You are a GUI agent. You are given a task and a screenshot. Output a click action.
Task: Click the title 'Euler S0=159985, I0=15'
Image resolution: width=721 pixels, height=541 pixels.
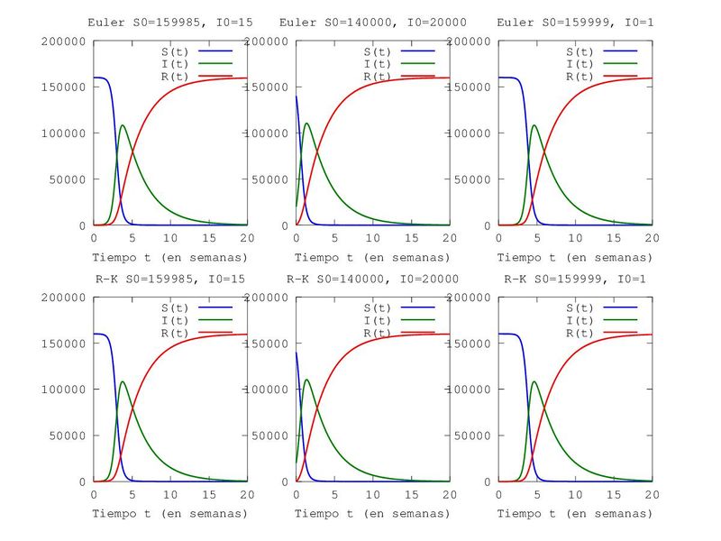pyautogui.click(x=169, y=22)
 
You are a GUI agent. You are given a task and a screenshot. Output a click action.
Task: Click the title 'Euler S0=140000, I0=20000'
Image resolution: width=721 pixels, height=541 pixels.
pyautogui.click(x=371, y=22)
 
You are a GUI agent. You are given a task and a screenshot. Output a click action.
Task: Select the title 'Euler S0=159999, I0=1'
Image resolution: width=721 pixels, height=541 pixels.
pyautogui.click(x=573, y=22)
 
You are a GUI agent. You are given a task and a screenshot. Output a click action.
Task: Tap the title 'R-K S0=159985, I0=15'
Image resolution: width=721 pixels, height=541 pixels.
pyautogui.click(x=169, y=279)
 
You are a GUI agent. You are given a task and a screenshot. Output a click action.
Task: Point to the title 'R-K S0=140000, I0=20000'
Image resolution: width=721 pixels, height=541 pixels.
pyautogui.click(x=371, y=279)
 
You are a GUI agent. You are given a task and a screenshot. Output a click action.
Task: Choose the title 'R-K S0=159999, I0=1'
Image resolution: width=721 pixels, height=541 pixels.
pyautogui.click(x=573, y=279)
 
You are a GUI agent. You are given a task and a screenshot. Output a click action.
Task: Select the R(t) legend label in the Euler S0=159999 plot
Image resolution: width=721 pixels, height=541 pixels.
pyautogui.click(x=579, y=77)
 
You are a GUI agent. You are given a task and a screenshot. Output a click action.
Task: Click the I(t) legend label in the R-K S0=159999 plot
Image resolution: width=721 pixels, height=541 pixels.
pyautogui.click(x=579, y=321)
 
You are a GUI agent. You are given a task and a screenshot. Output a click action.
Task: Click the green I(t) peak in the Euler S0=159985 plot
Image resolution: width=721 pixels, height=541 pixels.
pyautogui.click(x=123, y=124)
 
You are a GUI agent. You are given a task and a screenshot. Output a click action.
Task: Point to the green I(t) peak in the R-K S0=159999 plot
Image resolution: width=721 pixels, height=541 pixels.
pyautogui.click(x=534, y=381)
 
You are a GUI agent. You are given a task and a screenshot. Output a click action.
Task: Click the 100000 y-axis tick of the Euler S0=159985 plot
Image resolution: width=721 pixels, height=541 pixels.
pyautogui.click(x=63, y=133)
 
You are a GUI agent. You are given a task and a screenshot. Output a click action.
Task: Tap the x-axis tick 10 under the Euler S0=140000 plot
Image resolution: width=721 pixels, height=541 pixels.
pyautogui.click(x=372, y=238)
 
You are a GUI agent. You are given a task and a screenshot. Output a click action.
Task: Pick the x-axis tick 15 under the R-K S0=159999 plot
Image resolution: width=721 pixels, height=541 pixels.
pyautogui.click(x=613, y=495)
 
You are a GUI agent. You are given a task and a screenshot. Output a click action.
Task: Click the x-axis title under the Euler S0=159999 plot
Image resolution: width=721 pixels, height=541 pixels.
pyautogui.click(x=573, y=257)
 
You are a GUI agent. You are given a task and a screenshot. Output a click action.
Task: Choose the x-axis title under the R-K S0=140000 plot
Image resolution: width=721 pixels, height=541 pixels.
pyautogui.click(x=371, y=514)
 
